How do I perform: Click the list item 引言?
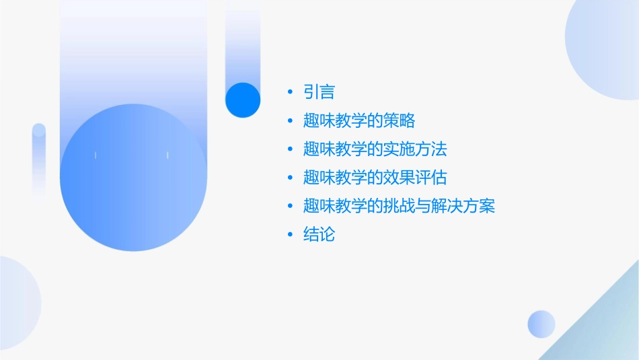point(319,92)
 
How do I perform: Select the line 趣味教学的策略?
point(359,121)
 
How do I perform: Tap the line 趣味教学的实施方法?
point(375,149)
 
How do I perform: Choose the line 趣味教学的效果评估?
point(375,178)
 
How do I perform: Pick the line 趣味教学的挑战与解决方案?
point(399,206)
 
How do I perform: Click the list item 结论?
point(319,235)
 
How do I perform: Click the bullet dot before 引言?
point(289,92)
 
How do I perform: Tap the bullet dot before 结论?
point(289,235)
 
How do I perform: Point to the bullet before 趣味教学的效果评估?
point(289,178)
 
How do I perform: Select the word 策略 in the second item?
point(400,121)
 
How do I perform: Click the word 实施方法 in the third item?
point(415,149)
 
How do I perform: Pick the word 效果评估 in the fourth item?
point(415,178)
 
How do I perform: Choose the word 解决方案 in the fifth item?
point(463,206)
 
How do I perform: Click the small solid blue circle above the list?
point(242,100)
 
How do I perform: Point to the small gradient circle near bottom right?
point(541,324)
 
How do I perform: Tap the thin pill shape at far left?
point(38,158)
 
